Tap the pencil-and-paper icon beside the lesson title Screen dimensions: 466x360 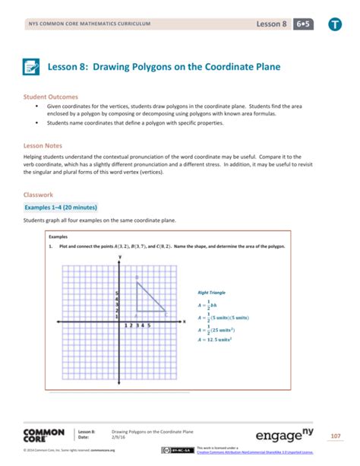32,68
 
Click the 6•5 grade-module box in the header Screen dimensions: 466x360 306,24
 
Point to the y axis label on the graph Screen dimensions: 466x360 120,258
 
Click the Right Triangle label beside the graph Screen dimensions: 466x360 211,293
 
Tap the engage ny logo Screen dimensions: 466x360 288,436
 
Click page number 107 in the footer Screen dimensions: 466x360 335,436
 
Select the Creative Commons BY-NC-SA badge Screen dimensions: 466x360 176,450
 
